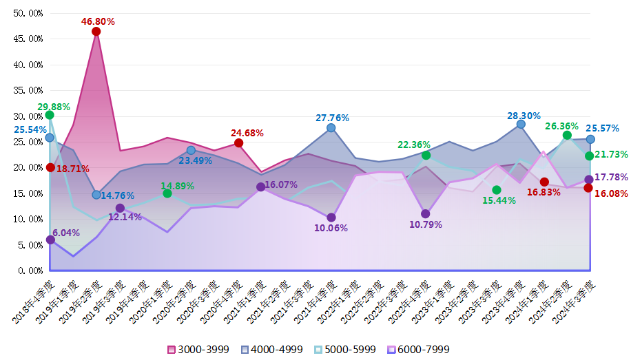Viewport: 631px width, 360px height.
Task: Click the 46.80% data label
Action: (x=98, y=21)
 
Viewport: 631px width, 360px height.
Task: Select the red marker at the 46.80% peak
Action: (x=96, y=32)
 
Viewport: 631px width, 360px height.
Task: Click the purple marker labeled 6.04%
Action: (x=50, y=240)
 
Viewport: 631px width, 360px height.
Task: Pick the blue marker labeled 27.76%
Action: (x=331, y=128)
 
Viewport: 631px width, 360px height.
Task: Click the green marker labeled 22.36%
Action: (x=426, y=156)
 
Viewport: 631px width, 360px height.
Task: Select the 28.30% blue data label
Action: (x=524, y=116)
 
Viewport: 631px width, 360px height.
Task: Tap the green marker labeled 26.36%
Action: (x=567, y=136)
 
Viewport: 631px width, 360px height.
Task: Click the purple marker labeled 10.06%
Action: (x=331, y=218)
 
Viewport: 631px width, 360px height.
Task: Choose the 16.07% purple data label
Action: (x=281, y=185)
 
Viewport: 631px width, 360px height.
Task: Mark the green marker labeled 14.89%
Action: (x=167, y=193)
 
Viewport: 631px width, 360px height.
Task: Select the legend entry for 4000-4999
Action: (x=272, y=350)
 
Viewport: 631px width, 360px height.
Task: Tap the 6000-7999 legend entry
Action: (x=420, y=350)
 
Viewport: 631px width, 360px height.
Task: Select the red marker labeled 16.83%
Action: (x=544, y=182)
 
